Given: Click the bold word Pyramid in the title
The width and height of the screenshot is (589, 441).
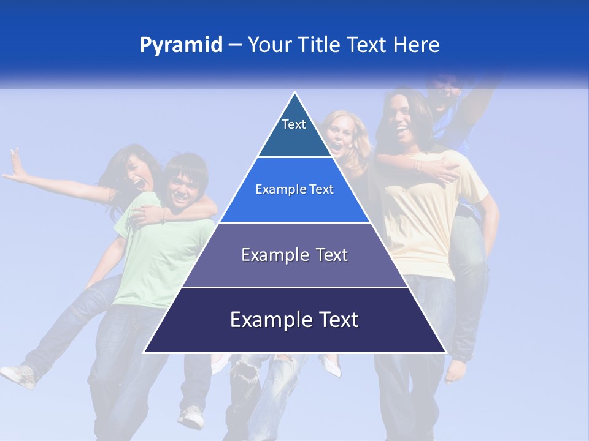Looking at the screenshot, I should tap(181, 45).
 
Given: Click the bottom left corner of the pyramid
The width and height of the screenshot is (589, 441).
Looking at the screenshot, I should tap(145, 352).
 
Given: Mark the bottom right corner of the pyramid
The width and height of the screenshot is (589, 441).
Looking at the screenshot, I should tap(445, 352).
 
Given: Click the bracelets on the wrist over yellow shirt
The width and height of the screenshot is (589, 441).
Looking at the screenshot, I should tap(419, 166).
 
